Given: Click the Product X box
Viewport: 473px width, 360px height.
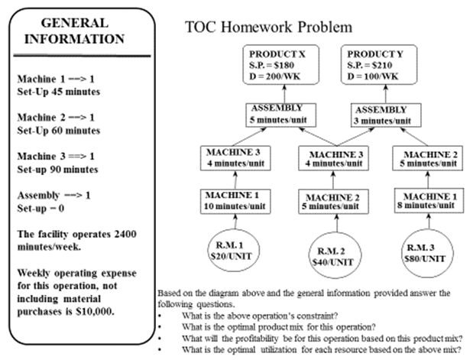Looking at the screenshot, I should coord(277,65).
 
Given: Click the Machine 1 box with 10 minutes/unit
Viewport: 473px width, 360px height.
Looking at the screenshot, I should coord(235,201).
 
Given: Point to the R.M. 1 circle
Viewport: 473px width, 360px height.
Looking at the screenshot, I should coord(234,250).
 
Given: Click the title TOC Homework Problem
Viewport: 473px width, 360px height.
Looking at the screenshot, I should coord(268,27).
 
